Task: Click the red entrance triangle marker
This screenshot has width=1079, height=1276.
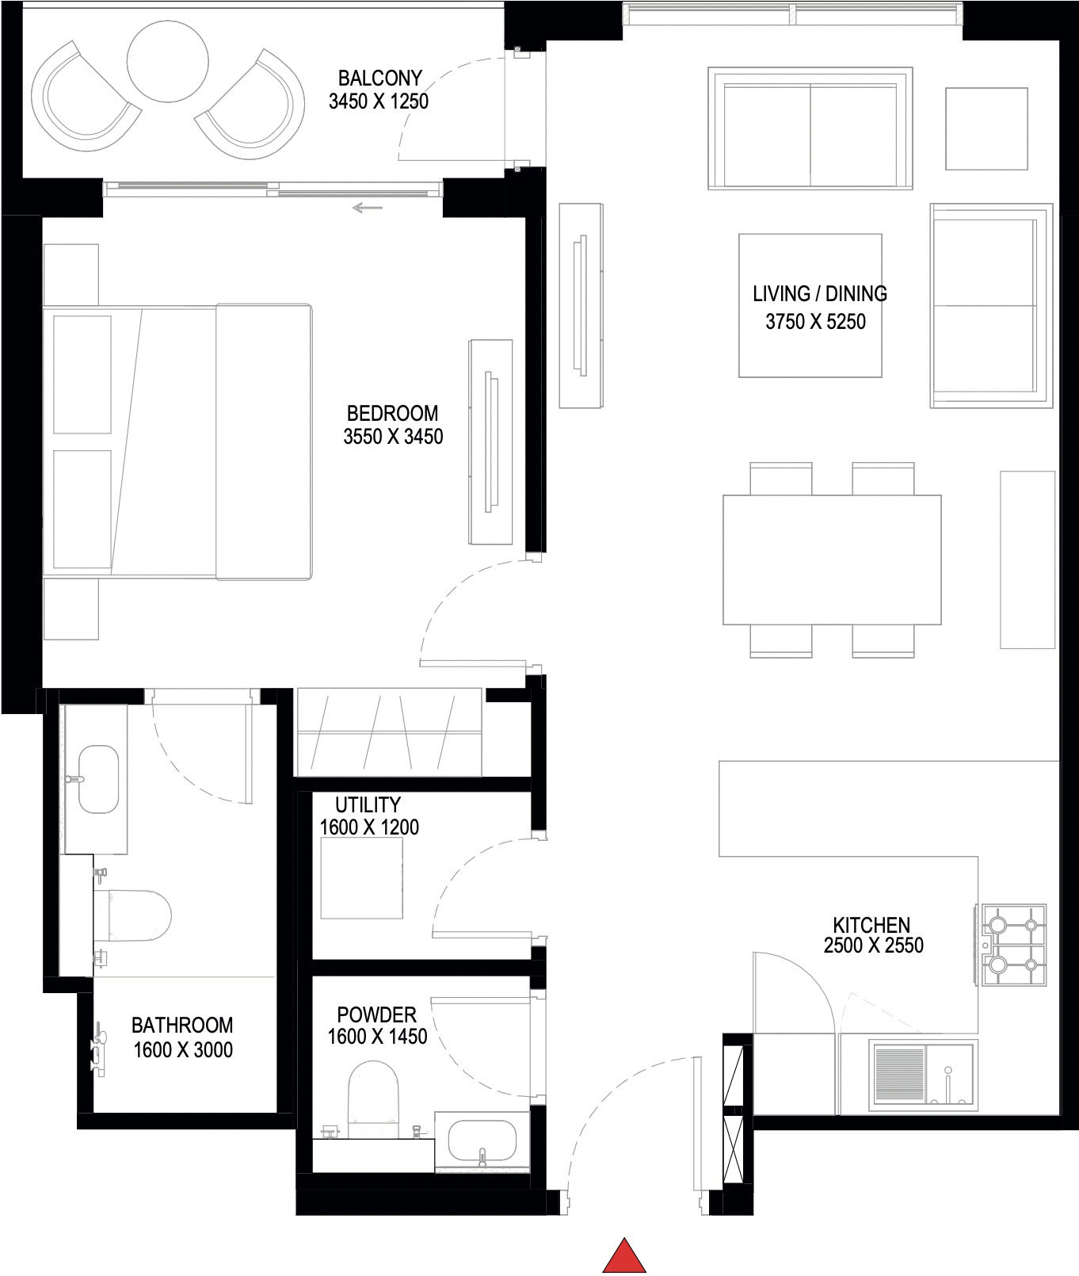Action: tap(625, 1257)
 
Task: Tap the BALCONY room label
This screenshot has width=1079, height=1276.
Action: tap(379, 78)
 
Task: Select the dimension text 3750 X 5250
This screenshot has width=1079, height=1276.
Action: tap(815, 322)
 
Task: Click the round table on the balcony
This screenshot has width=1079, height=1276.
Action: tap(168, 61)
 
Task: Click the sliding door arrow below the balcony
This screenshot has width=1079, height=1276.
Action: tap(368, 208)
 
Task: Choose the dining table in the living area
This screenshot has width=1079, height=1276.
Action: tap(831, 560)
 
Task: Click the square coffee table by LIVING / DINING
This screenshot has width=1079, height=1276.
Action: tap(810, 305)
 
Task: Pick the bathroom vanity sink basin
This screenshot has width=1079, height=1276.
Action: tap(99, 778)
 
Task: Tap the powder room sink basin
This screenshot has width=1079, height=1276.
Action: tap(482, 1140)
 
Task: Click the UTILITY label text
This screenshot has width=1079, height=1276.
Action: tap(368, 804)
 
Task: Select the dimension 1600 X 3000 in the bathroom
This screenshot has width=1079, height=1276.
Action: tap(183, 1050)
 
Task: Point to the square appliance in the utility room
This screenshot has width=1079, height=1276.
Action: tap(361, 877)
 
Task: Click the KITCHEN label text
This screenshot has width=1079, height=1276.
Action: tap(871, 924)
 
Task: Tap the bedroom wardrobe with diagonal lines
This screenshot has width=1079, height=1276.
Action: tap(388, 732)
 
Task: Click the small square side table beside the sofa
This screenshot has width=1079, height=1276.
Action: tap(986, 128)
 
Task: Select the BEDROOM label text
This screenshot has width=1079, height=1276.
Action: tap(392, 413)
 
